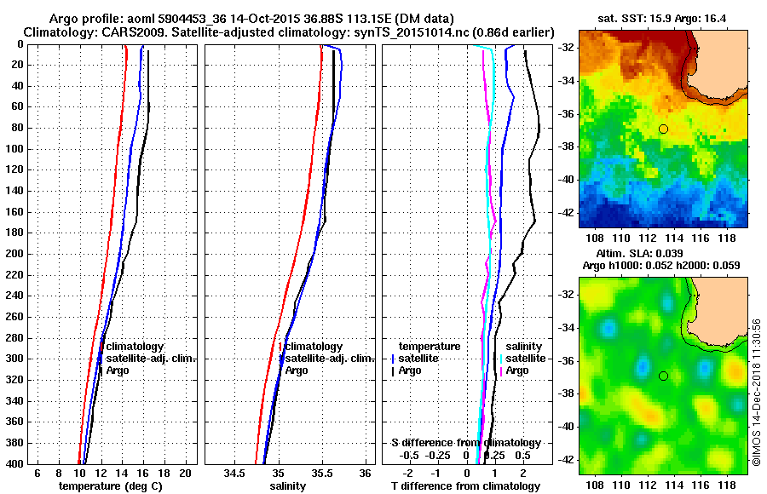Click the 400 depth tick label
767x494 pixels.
(x=15, y=463)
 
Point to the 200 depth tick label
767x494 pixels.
(x=15, y=254)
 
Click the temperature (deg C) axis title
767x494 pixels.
(x=110, y=486)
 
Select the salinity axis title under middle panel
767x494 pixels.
(x=289, y=486)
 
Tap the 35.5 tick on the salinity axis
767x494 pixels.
(x=321, y=474)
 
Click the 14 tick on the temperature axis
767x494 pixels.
(x=121, y=474)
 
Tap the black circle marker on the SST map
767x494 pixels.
(x=663, y=129)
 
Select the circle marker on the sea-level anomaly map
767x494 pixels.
(x=663, y=376)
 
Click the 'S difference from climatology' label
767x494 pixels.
(x=465, y=443)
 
